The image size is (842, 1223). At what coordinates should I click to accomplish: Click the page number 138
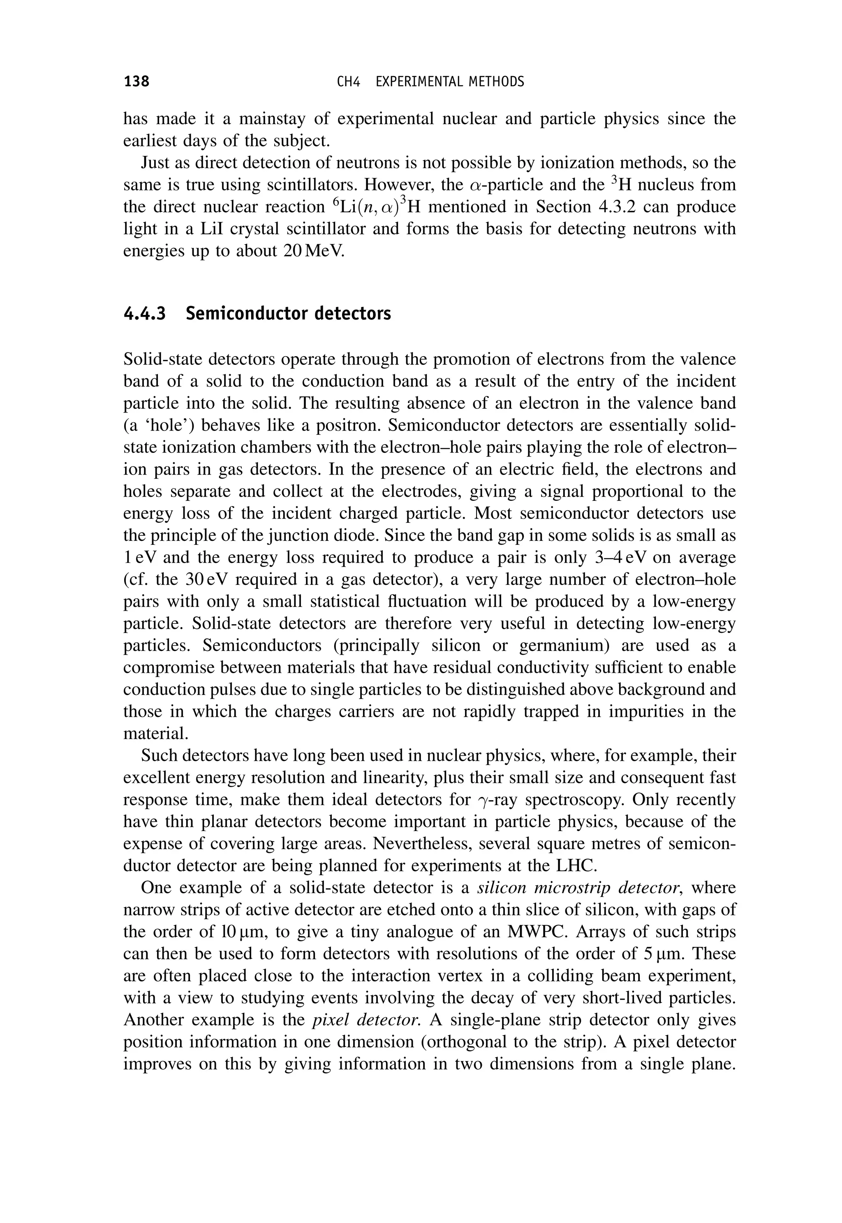[x=136, y=82]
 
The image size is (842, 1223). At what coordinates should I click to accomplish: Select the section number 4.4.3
[x=145, y=313]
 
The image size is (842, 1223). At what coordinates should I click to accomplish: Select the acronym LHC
[x=577, y=866]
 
